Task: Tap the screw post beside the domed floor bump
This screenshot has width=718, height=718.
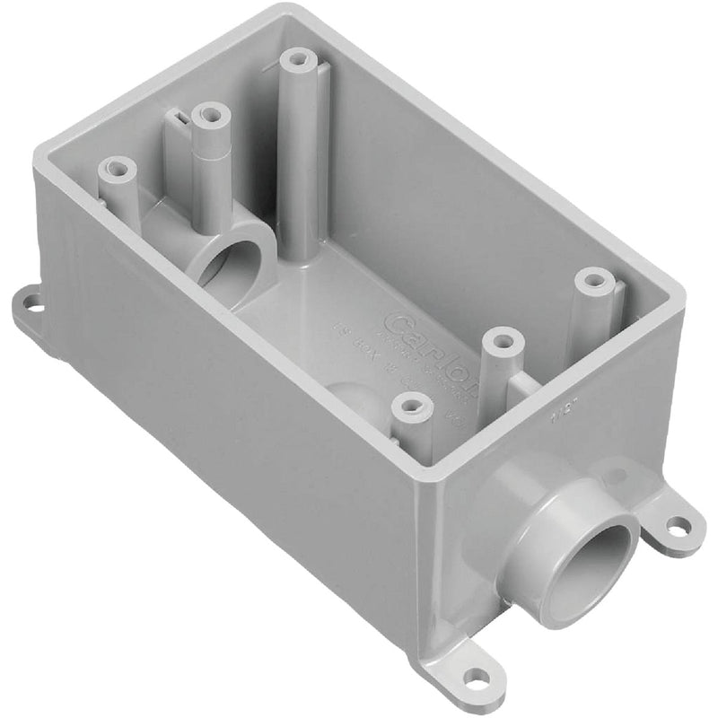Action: click(410, 408)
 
